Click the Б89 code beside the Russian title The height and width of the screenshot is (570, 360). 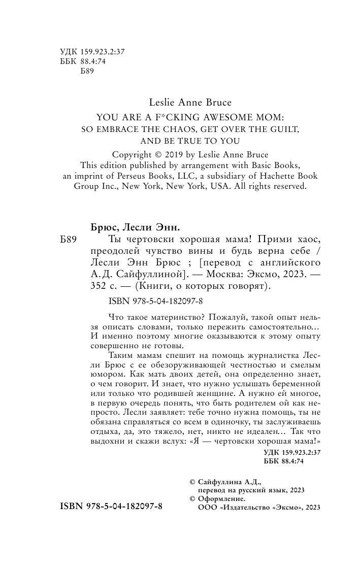pos(68,240)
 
